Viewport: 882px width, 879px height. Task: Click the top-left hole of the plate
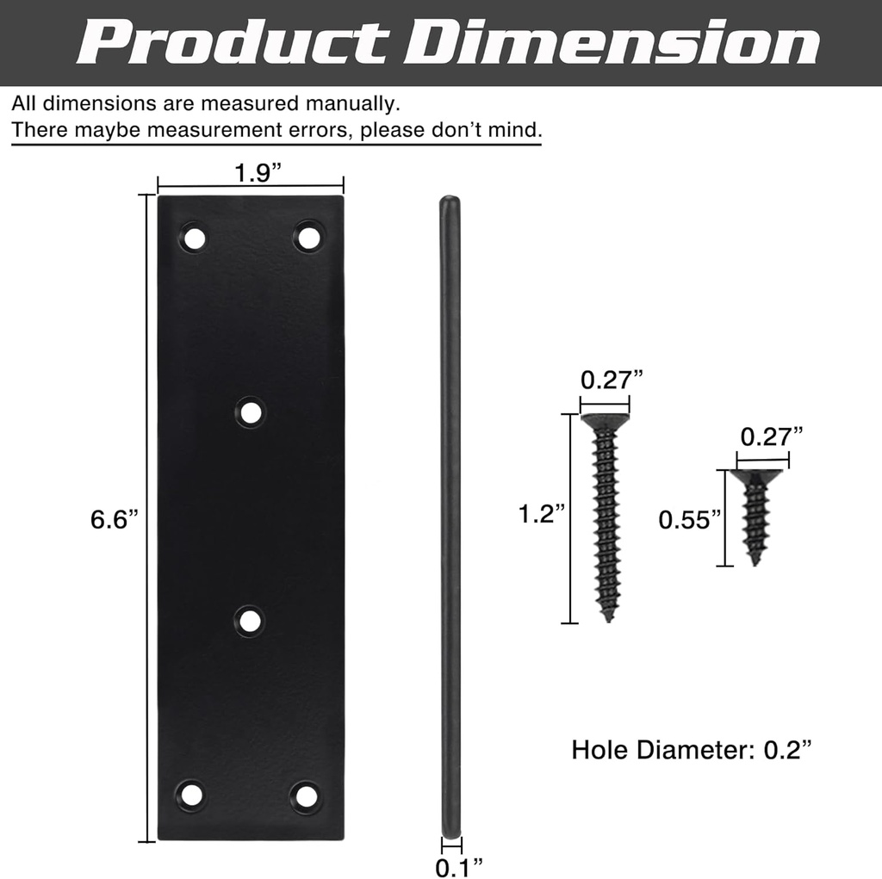pos(193,237)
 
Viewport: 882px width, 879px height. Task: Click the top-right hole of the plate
pos(308,236)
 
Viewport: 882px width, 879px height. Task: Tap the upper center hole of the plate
pos(251,413)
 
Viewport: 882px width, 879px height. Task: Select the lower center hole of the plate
pos(251,621)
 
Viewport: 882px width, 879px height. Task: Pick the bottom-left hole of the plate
pos(191,795)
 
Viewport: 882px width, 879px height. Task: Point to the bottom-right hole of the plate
pos(306,795)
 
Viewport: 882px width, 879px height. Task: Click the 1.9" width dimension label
pos(258,173)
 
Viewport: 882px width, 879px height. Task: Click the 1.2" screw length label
pos(542,514)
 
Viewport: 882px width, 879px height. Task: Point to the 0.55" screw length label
pos(689,519)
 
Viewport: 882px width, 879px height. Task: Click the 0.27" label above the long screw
pos(612,379)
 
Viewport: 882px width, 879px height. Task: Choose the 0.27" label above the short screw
pos(771,436)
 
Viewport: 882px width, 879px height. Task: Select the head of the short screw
pos(756,475)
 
